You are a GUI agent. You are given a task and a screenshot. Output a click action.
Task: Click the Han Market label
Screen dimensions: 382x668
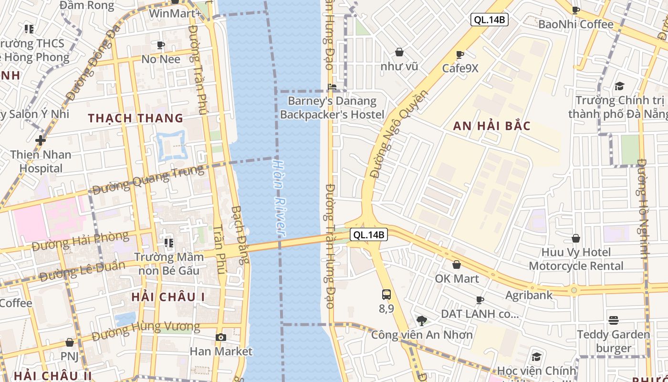click(221, 351)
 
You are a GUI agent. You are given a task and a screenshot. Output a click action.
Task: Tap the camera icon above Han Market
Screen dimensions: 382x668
click(220, 338)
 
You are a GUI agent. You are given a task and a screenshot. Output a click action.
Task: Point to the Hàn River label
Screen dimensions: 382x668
click(279, 197)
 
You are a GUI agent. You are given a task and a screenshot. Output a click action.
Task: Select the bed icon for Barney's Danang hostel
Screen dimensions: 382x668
click(332, 87)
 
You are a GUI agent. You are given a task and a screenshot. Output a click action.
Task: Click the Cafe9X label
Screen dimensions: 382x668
click(460, 68)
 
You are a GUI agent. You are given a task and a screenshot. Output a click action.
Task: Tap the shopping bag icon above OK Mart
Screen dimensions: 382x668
click(457, 265)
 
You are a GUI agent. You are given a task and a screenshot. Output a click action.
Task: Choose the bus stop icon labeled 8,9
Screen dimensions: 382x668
click(386, 295)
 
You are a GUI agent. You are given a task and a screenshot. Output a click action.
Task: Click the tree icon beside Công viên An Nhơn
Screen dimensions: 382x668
click(421, 320)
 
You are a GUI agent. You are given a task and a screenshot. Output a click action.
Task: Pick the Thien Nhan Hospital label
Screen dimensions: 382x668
click(41, 161)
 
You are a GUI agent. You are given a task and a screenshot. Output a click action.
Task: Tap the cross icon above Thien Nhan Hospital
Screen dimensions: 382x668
click(41, 140)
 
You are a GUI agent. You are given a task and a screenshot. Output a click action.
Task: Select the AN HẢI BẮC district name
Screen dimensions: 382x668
click(492, 126)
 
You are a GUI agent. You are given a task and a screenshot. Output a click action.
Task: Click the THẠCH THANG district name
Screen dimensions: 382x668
click(136, 118)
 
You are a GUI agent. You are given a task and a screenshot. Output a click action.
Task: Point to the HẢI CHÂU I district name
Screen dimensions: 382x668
click(168, 297)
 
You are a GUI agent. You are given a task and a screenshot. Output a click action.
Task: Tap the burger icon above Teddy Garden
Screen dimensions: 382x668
click(614, 320)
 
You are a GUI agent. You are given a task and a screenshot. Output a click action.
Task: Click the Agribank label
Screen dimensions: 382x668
click(529, 295)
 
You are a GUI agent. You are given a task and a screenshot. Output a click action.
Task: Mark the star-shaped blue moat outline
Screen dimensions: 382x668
click(170, 145)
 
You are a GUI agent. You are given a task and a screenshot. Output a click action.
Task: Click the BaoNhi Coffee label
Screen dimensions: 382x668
click(576, 24)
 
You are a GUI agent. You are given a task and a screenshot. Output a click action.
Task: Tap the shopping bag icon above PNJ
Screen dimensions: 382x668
click(70, 342)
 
